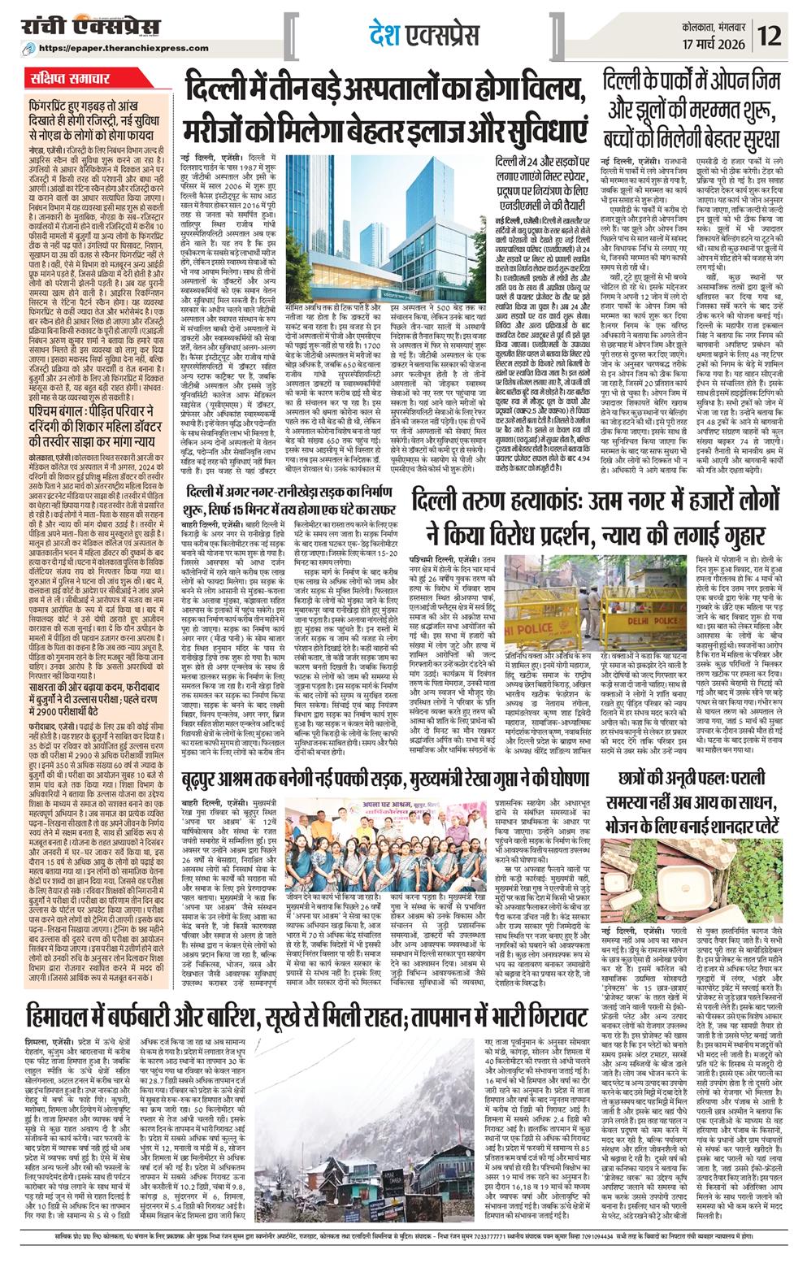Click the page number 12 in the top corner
point(777,35)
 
